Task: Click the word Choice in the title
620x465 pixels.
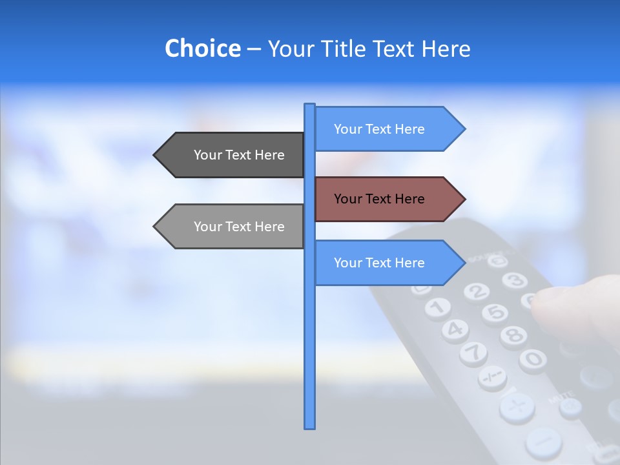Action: (x=202, y=48)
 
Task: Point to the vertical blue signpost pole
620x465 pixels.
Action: (x=309, y=349)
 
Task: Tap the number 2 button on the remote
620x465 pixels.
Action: (x=476, y=292)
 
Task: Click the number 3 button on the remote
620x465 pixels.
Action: (x=515, y=280)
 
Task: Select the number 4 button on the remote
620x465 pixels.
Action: (x=455, y=329)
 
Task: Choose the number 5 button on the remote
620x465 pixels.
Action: (x=495, y=313)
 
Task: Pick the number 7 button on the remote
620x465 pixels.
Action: (x=473, y=352)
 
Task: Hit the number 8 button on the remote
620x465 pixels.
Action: (x=513, y=335)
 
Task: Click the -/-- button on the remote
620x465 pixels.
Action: (x=492, y=377)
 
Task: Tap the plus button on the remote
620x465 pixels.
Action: (x=517, y=407)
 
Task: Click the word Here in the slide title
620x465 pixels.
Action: (x=446, y=48)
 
